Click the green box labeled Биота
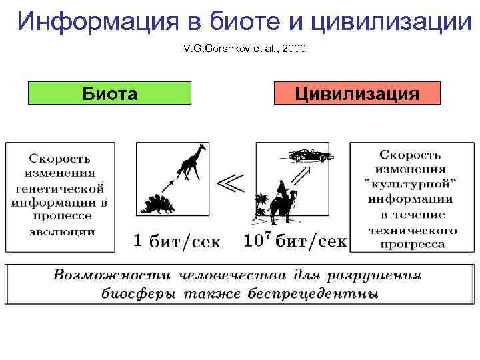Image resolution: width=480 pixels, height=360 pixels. click(x=109, y=93)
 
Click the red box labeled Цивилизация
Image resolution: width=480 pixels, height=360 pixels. click(x=357, y=93)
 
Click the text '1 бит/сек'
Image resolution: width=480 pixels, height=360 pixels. click(x=177, y=241)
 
